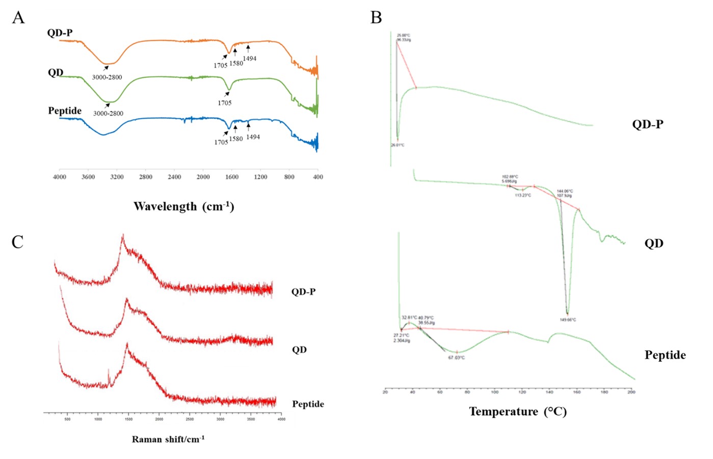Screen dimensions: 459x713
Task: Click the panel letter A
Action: click(18, 18)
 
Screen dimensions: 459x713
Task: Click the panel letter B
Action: click(376, 18)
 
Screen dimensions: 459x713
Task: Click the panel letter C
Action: click(17, 241)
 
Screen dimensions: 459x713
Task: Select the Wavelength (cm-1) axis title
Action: click(183, 206)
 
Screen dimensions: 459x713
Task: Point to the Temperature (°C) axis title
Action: click(518, 412)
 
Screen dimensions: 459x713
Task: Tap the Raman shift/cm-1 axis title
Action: click(168, 439)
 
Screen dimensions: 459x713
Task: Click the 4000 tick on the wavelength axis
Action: click(60, 177)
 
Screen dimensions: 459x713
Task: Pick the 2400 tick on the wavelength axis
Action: click(174, 177)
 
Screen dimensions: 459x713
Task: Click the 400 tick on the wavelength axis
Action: click(318, 177)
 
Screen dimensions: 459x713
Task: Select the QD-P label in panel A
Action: click(60, 33)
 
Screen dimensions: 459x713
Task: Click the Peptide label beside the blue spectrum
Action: click(65, 111)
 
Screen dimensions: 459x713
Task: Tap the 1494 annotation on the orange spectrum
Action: click(249, 59)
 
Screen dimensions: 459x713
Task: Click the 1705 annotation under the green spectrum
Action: click(225, 103)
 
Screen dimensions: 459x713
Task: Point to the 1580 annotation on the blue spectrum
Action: click(236, 139)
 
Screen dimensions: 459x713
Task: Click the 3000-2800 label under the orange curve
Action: click(107, 77)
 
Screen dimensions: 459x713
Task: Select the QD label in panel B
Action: click(654, 244)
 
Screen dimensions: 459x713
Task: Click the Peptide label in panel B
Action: click(665, 355)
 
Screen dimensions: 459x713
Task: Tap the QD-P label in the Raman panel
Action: click(303, 292)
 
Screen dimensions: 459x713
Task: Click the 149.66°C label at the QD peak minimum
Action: click(568, 320)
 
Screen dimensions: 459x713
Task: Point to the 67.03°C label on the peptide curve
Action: click(456, 358)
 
